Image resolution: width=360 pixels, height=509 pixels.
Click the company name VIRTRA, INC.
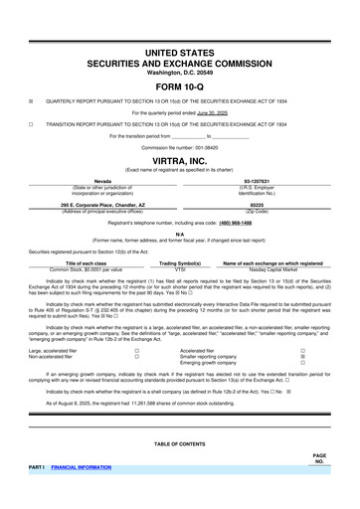point(179,159)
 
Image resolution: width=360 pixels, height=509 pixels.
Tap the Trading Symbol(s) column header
point(180,262)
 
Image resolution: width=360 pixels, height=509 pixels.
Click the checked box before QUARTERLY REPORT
point(31,100)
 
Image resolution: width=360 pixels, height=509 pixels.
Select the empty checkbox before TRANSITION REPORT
point(31,124)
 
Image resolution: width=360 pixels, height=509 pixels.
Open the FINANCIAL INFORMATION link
point(83,465)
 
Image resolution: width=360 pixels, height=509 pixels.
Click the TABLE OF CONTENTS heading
point(179,443)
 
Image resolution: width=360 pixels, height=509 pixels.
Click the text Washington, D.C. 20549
point(179,71)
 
